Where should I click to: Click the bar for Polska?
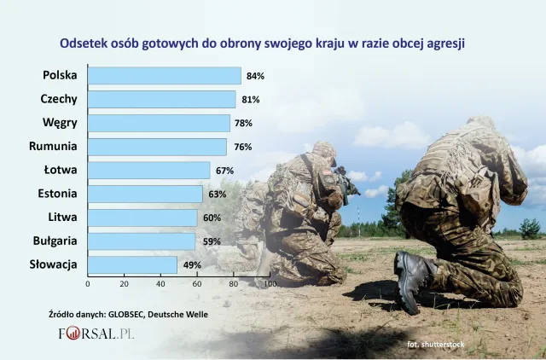164,76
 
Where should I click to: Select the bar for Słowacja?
132,264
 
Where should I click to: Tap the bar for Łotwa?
148,171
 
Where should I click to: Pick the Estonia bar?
145,194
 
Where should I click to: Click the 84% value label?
255,76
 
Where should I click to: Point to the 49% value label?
192,264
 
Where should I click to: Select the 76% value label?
243,147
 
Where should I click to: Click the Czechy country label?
59,99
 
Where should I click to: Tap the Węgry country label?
61,123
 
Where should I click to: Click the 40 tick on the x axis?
160,283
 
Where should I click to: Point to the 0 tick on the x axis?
88,283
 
